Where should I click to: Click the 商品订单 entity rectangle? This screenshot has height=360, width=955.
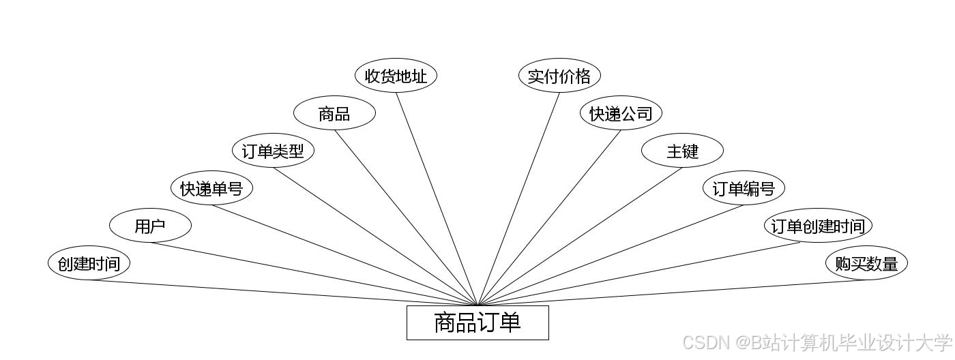point(477,322)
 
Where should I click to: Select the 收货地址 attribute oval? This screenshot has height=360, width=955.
point(396,76)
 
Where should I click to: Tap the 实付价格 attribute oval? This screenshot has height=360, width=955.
point(559,76)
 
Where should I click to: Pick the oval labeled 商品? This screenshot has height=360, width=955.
point(334,113)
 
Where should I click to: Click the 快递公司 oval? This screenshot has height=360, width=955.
point(621,113)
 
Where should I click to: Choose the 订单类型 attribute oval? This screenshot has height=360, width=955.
point(273,151)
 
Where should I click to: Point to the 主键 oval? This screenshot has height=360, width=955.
point(682,151)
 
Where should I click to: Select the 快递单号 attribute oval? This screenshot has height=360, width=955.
point(211,188)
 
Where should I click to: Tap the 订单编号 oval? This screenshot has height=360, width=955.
point(744,188)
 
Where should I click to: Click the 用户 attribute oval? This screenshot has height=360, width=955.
point(150,226)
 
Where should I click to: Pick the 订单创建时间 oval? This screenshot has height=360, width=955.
point(818,226)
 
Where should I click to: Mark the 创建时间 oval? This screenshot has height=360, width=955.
point(89,263)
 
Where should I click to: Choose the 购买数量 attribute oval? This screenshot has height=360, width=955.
point(866,263)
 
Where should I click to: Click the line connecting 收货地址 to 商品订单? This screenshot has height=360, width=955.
point(437,198)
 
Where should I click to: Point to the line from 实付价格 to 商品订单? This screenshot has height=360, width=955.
point(518,198)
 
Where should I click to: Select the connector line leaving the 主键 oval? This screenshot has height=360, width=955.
point(580,236)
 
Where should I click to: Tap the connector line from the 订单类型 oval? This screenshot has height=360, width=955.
point(375,236)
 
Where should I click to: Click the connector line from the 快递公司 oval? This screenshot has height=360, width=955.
point(549,217)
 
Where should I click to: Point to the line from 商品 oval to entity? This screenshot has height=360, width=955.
point(406,217)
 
